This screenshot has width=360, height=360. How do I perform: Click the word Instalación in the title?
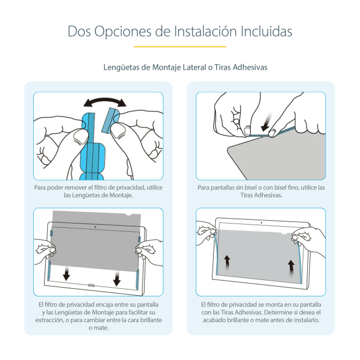click(205, 31)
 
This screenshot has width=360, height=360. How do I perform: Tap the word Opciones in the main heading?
click(123, 32)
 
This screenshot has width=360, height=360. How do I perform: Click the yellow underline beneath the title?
click(180, 47)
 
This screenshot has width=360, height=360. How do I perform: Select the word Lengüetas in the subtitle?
click(121, 67)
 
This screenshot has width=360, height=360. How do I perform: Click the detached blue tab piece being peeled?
click(110, 120)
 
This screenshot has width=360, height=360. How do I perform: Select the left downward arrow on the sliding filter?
click(66, 273)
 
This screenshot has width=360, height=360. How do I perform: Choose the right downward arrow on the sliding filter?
click(117, 278)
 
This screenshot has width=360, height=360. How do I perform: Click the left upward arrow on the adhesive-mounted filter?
click(227, 263)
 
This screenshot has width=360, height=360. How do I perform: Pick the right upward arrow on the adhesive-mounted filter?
click(291, 268)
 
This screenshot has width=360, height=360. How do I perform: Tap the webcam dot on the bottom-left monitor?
click(95, 227)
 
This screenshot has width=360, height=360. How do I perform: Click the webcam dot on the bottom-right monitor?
click(261, 223)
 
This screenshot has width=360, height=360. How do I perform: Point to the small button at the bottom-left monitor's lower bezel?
click(91, 285)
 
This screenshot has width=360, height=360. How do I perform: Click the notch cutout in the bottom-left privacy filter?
click(129, 214)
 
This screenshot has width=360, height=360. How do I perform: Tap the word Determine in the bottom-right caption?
click(277, 312)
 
